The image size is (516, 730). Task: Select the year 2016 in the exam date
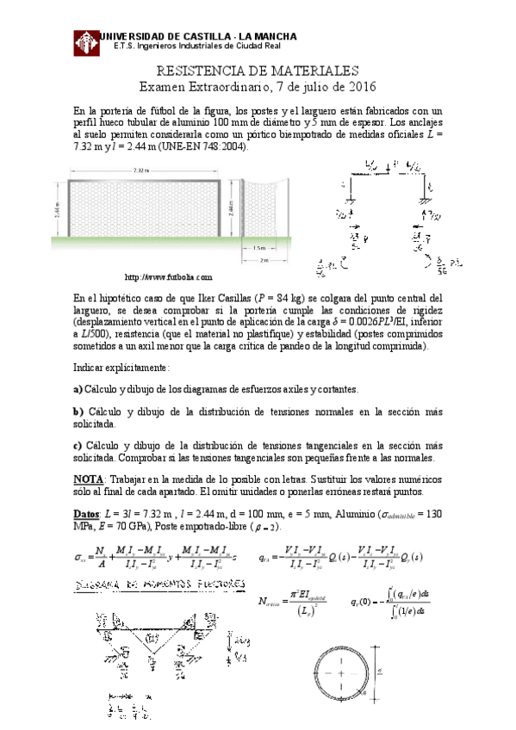[x=361, y=87]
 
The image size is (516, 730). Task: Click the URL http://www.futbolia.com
[x=169, y=277]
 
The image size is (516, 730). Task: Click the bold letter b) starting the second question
[x=78, y=413]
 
